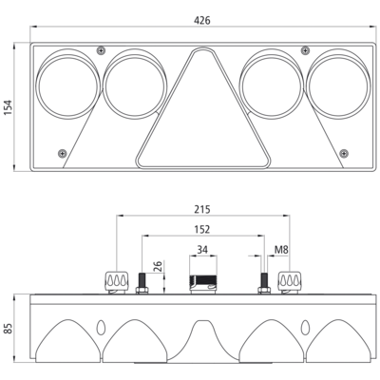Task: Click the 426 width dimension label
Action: coord(202,21)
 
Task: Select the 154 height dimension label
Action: coord(8,107)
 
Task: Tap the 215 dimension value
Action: coord(202,209)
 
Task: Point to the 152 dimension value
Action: coord(202,229)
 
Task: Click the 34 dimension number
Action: coord(202,250)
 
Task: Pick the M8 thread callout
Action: coord(281,250)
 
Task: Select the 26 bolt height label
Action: coord(159,266)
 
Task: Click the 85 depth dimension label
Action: coord(8,329)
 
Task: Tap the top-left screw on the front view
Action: coord(101,50)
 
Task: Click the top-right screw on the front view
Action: coord(305,50)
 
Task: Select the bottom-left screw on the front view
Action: coord(63,154)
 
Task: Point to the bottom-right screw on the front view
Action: coord(344,154)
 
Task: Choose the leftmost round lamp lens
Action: coord(67,85)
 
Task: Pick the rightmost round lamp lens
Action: coord(338,85)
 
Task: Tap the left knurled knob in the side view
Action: coord(117,281)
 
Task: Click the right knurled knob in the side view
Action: coord(290,281)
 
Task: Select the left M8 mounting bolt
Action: coord(142,283)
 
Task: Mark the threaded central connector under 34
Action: coord(203,284)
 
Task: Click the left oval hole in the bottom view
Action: coord(101,328)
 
